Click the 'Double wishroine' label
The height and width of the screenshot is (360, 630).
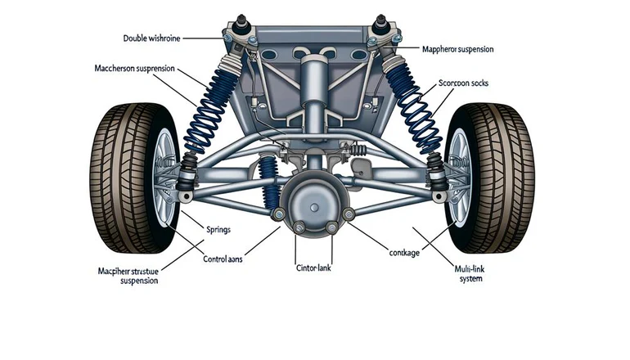151,38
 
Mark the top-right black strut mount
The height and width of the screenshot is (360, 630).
381,21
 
